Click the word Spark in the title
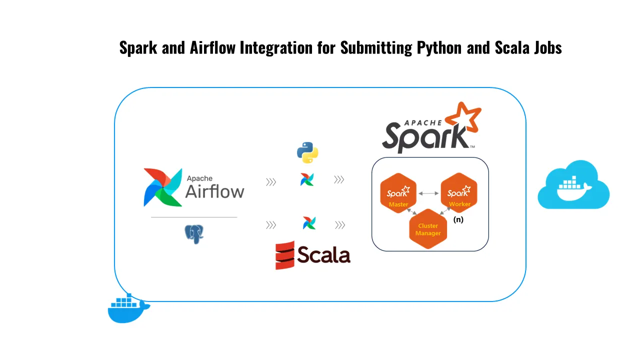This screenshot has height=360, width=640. click(x=138, y=48)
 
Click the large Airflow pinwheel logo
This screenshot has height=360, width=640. click(x=162, y=187)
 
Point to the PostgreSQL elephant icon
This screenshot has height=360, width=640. click(x=194, y=234)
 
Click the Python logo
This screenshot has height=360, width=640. click(x=307, y=152)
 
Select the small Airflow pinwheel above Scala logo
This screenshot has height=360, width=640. click(x=309, y=223)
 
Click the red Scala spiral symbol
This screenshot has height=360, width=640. click(x=284, y=255)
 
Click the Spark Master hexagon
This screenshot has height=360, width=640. click(x=398, y=193)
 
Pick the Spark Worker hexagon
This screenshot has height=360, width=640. click(x=459, y=193)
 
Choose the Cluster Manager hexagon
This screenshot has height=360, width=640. click(x=428, y=229)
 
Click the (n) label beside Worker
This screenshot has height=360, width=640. click(x=458, y=219)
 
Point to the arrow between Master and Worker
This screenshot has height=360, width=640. click(x=428, y=192)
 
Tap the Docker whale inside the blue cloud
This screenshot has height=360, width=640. click(x=573, y=188)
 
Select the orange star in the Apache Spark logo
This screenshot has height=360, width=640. click(x=462, y=120)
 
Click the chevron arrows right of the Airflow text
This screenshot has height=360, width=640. click(x=271, y=182)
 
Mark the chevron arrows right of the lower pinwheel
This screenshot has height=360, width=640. click(x=340, y=225)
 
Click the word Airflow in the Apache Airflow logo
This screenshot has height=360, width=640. click(x=214, y=191)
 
